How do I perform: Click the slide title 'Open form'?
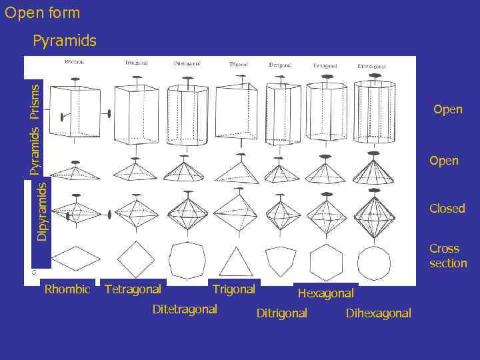[x=42, y=13]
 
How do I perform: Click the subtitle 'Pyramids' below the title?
[x=64, y=41]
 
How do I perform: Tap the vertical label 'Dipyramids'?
[x=42, y=211]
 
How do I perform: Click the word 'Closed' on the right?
[x=447, y=209]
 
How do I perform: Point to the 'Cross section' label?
[x=447, y=256]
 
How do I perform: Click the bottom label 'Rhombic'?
[x=67, y=289]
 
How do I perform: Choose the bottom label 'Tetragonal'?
[x=133, y=289]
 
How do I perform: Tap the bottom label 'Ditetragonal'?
[x=185, y=309]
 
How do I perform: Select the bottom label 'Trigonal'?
[x=233, y=289]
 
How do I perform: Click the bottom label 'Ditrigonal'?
[x=281, y=313]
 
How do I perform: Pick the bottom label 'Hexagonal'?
[x=325, y=293]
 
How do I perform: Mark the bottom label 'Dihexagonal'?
[x=378, y=313]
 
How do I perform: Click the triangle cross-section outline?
[x=236, y=262]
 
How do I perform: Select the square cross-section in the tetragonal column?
[x=135, y=260]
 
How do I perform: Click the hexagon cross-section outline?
[x=327, y=262]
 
